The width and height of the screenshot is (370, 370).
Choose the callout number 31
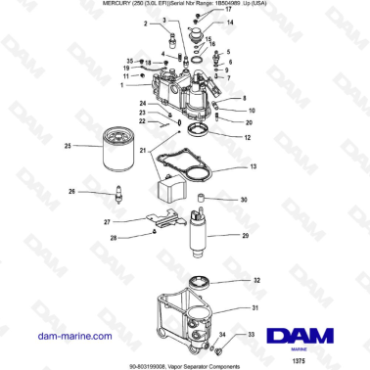[x=256, y=309]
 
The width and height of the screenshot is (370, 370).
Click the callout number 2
[x=146, y=23]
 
